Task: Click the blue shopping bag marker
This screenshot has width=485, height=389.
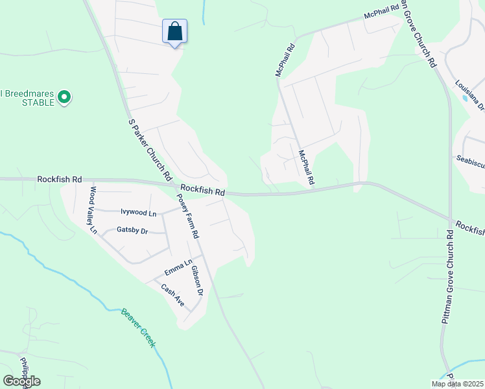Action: pos(174,31)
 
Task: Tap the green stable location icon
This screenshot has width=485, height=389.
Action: pos(64,98)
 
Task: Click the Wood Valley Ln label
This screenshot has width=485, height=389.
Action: pos(93,210)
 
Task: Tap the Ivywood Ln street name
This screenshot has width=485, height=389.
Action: pos(139,213)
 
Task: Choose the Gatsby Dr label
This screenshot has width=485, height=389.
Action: pos(132,230)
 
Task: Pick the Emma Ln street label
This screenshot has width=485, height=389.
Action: pos(178,266)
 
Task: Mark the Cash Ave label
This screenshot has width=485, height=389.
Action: pos(173,296)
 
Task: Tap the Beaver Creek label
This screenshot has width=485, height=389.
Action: pos(138,327)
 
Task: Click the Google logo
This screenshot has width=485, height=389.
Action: pos(22,381)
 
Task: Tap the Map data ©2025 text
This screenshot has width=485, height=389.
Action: pos(456,384)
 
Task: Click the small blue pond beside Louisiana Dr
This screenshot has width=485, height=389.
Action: pos(464,98)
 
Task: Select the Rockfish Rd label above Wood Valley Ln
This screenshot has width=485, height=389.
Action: pos(60,178)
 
